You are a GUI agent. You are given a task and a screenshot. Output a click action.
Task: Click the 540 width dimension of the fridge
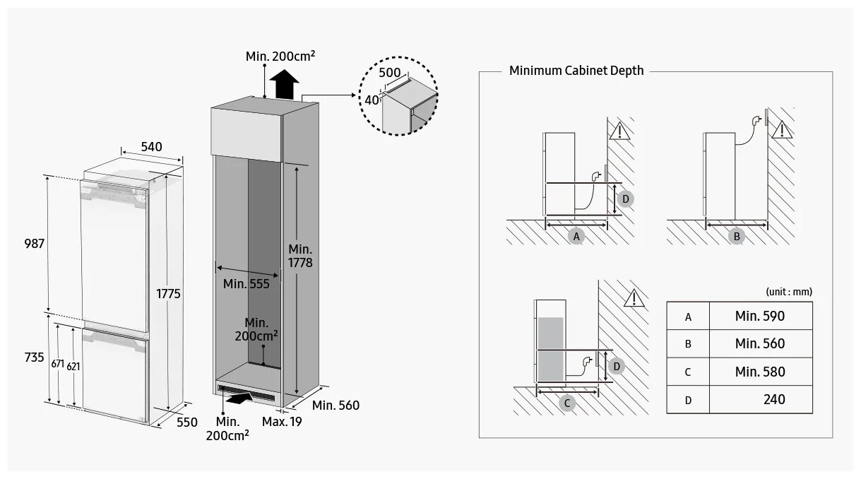[152, 147]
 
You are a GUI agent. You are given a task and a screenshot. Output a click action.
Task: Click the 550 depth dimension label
[187, 422]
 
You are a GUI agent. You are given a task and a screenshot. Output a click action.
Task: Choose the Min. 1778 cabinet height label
[300, 256]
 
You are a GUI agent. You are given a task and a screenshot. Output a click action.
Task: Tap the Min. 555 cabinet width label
[245, 284]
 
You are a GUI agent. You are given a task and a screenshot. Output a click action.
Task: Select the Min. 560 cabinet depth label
[336, 406]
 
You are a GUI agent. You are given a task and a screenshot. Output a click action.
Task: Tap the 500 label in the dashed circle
[389, 72]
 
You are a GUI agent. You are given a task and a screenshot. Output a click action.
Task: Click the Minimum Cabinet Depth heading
[576, 71]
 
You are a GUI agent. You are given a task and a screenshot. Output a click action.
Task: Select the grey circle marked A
[576, 237]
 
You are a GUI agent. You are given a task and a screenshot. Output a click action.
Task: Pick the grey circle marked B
[737, 237]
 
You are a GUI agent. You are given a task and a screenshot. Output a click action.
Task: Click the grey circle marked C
[568, 403]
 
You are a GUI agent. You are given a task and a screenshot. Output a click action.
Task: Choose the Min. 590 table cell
[759, 316]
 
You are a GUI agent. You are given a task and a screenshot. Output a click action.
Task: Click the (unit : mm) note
[789, 291]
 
